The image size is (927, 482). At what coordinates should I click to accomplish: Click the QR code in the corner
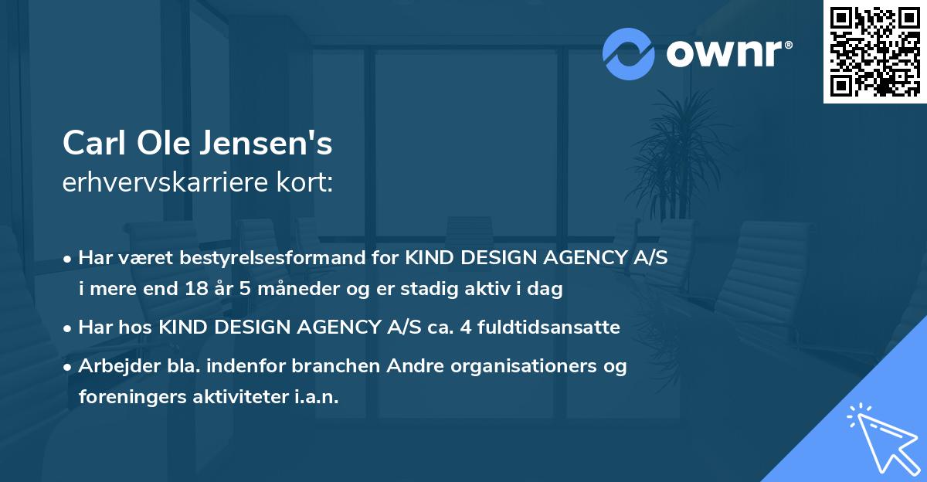click(875, 52)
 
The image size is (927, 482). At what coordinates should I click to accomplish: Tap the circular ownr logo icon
click(629, 53)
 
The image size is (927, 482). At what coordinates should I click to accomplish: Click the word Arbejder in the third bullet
click(114, 366)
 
